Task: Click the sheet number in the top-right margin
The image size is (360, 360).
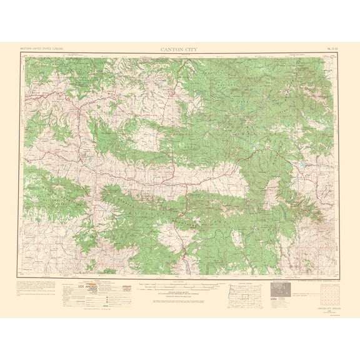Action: pyautogui.click(x=330, y=47)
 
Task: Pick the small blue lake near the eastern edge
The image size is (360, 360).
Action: pyautogui.click(x=304, y=166)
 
